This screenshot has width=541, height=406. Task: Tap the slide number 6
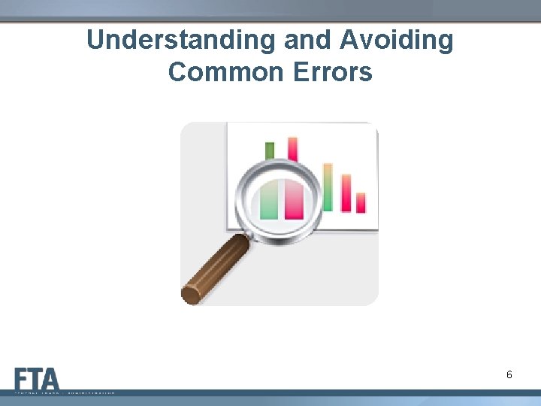point(509,374)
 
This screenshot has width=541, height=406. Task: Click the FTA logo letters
point(36,378)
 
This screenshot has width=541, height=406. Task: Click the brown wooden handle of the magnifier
point(218,267)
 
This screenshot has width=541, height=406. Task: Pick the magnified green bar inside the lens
point(269,199)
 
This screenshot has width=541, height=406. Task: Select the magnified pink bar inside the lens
point(294,199)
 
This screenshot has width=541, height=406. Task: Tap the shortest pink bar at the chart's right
point(361,202)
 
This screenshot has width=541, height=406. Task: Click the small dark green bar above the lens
point(270,150)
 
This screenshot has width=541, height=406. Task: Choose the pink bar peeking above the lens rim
point(292,147)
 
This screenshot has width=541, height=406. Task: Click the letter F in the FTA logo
point(22,378)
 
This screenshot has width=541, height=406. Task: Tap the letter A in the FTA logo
point(50,378)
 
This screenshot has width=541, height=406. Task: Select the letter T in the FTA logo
point(35,378)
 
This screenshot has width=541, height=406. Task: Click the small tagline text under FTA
point(64,392)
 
